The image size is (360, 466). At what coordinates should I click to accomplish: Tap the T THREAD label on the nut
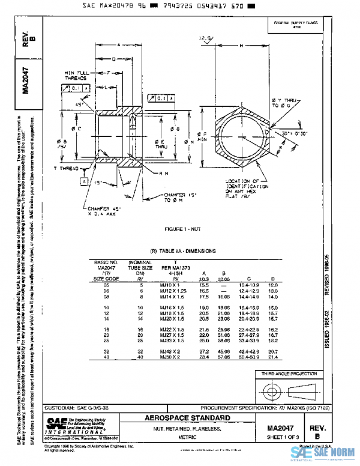66,169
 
